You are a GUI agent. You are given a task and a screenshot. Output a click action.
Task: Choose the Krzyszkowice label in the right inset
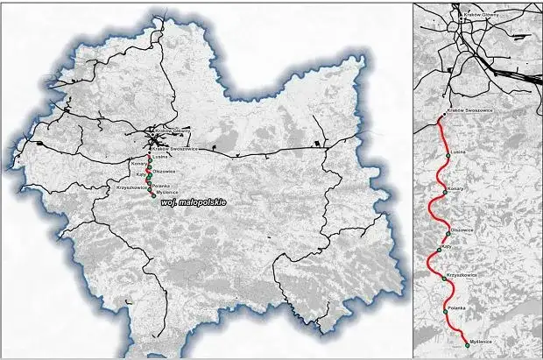461,275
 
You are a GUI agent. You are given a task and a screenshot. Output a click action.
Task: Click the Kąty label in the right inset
447,248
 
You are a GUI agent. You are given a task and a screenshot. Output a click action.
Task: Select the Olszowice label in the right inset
462,229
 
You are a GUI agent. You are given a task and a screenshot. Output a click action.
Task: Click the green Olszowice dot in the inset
448,233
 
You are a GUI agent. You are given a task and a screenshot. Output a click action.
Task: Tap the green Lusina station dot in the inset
448,156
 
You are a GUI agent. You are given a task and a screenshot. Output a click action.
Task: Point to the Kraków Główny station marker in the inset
457,13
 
